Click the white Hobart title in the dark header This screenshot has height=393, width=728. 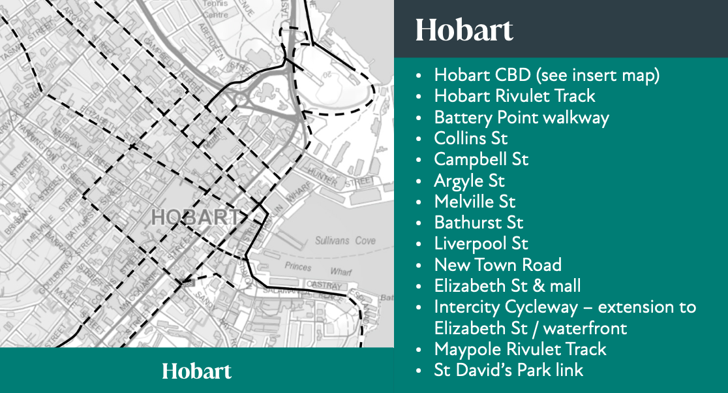pos(464,30)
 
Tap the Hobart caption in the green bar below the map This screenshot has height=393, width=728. pos(196,371)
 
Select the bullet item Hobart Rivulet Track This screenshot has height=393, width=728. pos(515,96)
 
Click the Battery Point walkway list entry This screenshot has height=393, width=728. pos(521,118)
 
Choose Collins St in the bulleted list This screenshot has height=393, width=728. pos(470,138)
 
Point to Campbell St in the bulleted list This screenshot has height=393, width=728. pos(481,159)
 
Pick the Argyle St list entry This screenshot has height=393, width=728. pos(469,180)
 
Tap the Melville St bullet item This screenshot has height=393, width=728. pos(475,202)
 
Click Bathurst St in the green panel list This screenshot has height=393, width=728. pos(479,223)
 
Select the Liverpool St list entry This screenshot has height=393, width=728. pos(481,244)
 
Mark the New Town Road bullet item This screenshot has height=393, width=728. pos(498,265)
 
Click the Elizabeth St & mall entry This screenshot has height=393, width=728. pos(508,286)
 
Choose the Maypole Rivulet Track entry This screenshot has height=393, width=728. pos(520,349)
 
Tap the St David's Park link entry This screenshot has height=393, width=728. pos(509,370)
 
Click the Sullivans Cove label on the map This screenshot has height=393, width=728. pos(345,241)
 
